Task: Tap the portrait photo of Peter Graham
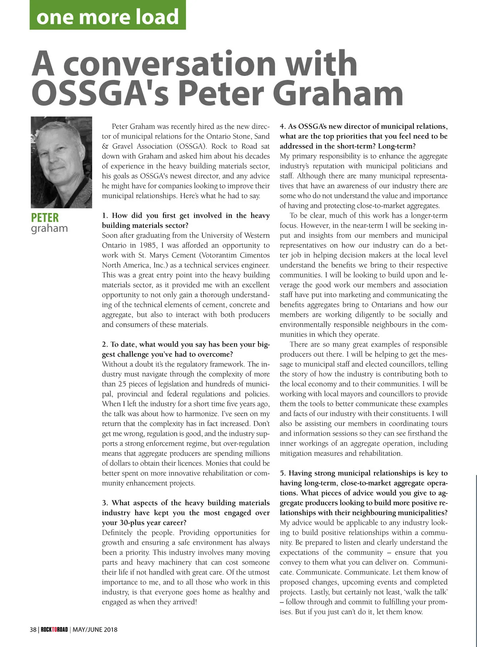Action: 62,162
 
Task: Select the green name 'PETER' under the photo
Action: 45,218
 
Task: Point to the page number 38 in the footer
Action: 33,630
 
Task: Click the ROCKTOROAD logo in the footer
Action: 54,630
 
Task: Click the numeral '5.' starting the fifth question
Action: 283,473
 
